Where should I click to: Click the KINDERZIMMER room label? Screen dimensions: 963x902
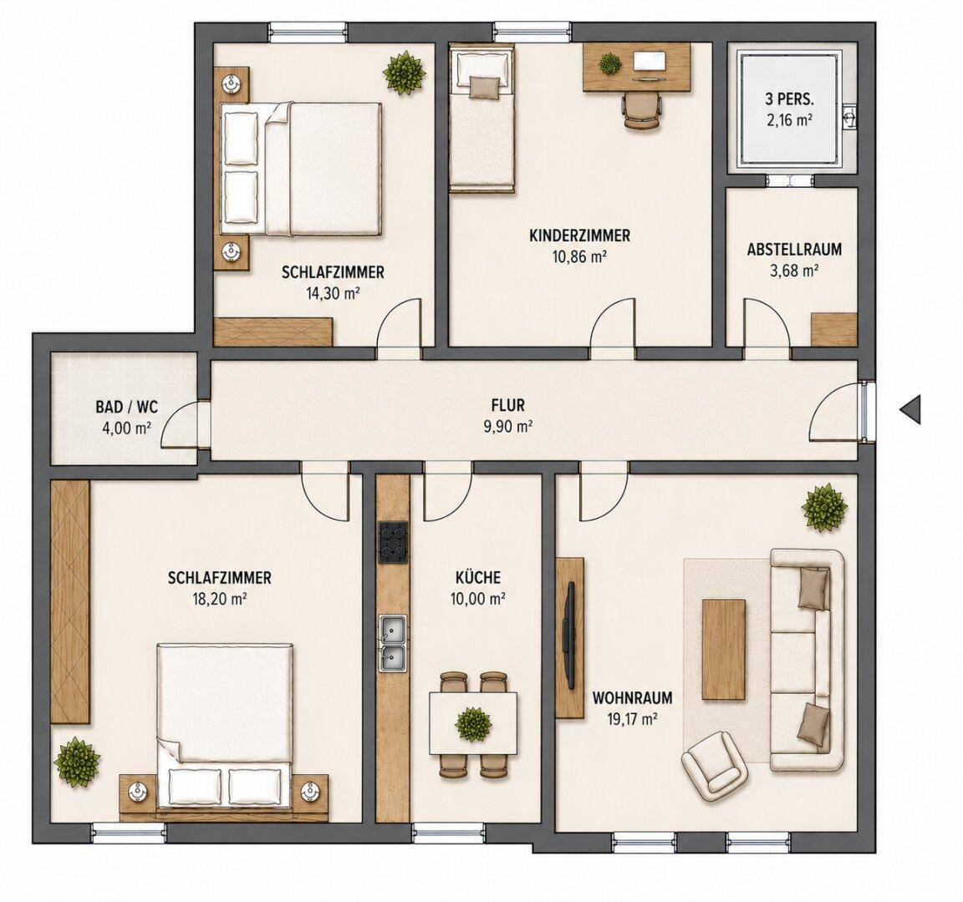(x=579, y=235)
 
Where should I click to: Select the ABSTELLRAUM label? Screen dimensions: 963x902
(x=794, y=250)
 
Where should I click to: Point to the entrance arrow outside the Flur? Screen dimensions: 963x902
(x=911, y=409)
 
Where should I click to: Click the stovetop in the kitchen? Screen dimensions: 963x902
(x=393, y=542)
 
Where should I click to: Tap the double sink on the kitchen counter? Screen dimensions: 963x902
(x=393, y=643)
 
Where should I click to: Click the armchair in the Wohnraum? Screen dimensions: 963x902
(x=714, y=766)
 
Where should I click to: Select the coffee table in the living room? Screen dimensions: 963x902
(x=724, y=649)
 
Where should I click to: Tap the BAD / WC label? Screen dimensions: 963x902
(x=127, y=407)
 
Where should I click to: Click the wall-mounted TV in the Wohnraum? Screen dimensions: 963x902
(x=571, y=635)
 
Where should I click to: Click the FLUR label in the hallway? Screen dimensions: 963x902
(x=508, y=405)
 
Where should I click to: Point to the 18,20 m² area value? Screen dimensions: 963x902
(x=219, y=599)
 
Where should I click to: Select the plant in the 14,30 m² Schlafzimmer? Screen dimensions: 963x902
(x=405, y=73)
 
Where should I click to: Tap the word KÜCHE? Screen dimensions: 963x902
(x=478, y=577)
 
